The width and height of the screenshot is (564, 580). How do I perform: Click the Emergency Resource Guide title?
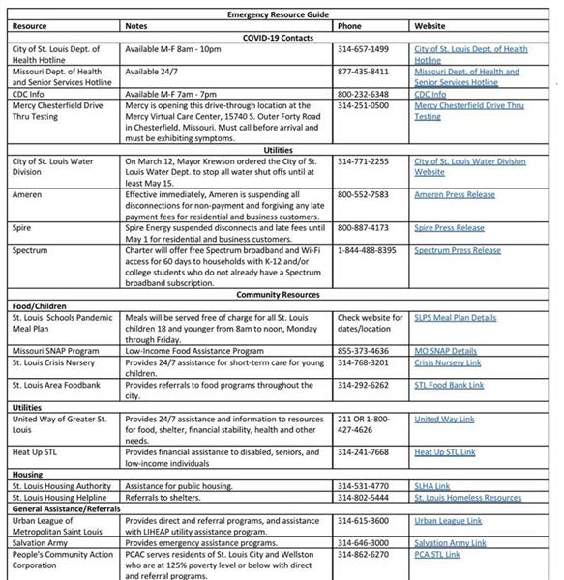click(279, 15)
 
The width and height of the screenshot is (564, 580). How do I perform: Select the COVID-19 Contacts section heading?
click(279, 38)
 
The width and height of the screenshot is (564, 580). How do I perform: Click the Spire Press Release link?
click(450, 228)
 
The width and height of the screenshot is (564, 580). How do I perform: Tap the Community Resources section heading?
click(279, 295)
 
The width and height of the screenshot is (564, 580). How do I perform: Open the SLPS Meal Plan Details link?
click(455, 317)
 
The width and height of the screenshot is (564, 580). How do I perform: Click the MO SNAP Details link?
click(446, 351)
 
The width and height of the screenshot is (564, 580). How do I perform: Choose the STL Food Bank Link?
click(449, 385)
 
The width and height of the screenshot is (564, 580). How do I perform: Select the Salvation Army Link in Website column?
click(451, 542)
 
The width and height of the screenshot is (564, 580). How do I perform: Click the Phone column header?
click(350, 26)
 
